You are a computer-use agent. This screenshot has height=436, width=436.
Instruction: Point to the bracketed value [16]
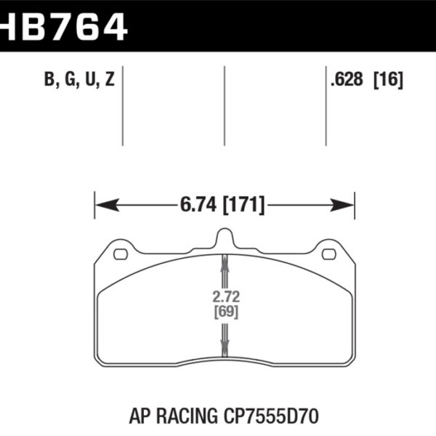[387, 81]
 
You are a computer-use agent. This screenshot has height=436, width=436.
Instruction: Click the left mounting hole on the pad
[121, 254]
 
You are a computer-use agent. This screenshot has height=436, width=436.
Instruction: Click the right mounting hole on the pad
[328, 254]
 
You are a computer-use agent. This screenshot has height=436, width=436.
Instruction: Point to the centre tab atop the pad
[225, 238]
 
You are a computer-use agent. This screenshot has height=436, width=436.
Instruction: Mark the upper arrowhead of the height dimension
[225, 263]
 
